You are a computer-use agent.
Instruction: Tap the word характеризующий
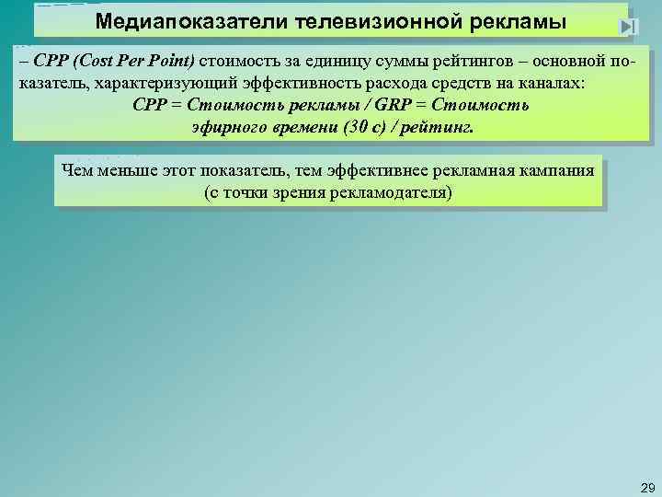[169, 83]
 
